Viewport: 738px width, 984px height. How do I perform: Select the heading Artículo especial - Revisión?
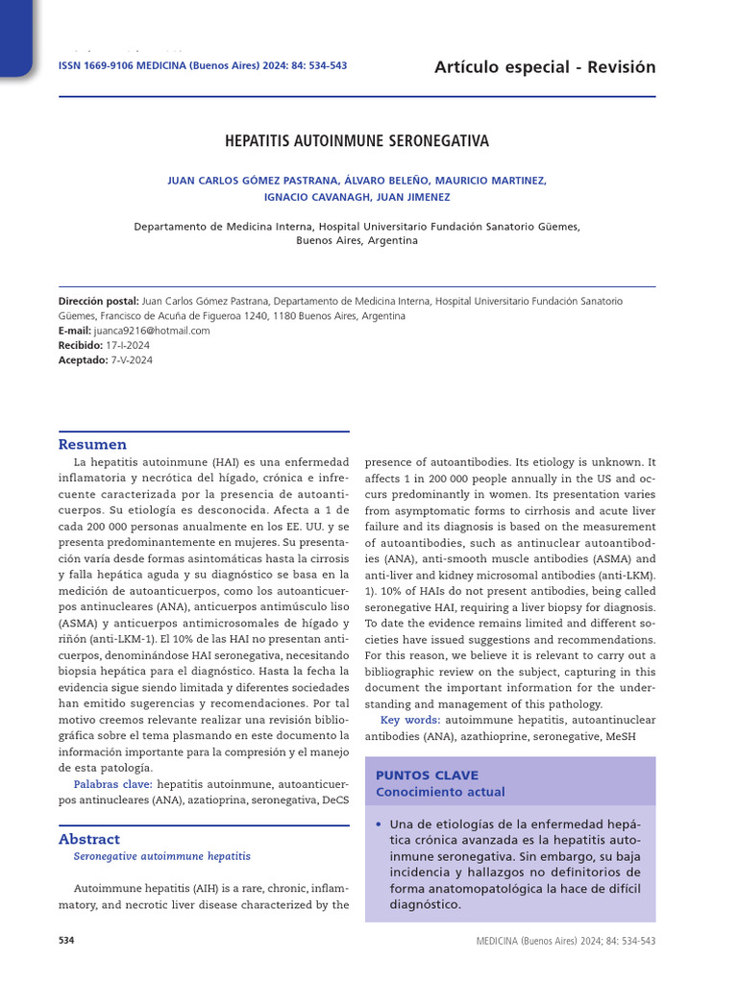pos(545,66)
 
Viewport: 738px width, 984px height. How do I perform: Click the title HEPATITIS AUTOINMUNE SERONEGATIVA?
pos(357,141)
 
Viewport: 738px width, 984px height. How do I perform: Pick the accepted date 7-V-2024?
pos(132,360)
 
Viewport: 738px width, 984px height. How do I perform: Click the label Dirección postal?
pos(98,301)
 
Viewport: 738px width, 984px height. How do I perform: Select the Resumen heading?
pos(92,445)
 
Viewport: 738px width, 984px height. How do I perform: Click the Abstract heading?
pos(89,839)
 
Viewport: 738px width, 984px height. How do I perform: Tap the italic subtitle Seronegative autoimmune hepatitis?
pos(161,855)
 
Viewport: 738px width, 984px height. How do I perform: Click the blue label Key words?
pos(410,720)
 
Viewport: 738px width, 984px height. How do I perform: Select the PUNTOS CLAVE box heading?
pos(427,775)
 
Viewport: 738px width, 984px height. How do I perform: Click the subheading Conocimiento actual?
pos(440,793)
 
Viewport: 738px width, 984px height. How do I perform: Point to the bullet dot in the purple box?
pos(380,824)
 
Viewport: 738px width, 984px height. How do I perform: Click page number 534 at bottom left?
pos(66,940)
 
